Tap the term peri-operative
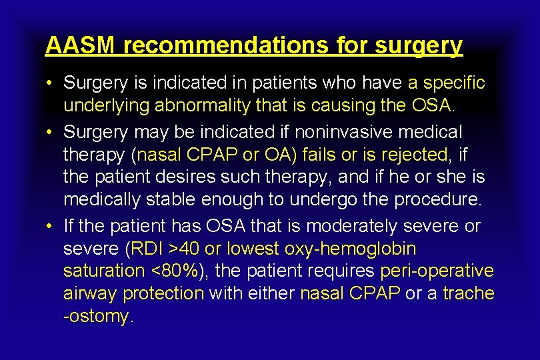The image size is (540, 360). [x=437, y=271]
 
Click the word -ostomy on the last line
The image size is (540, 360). [x=97, y=316]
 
